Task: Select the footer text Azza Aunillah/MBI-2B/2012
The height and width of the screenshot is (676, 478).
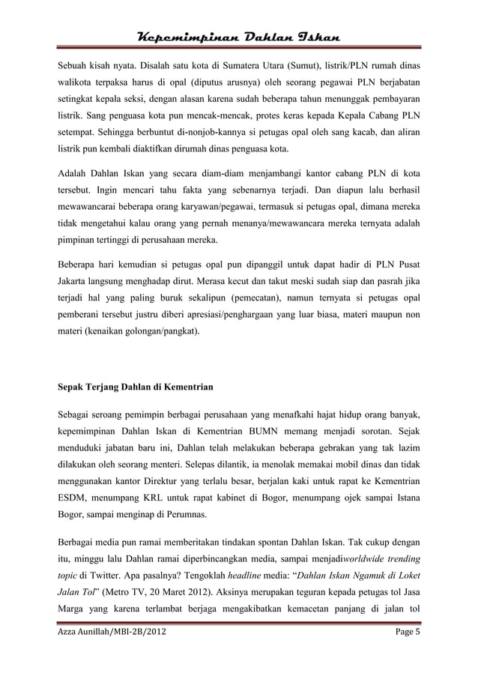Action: coord(112,657)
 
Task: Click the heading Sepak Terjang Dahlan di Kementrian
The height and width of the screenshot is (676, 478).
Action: coord(136,389)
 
